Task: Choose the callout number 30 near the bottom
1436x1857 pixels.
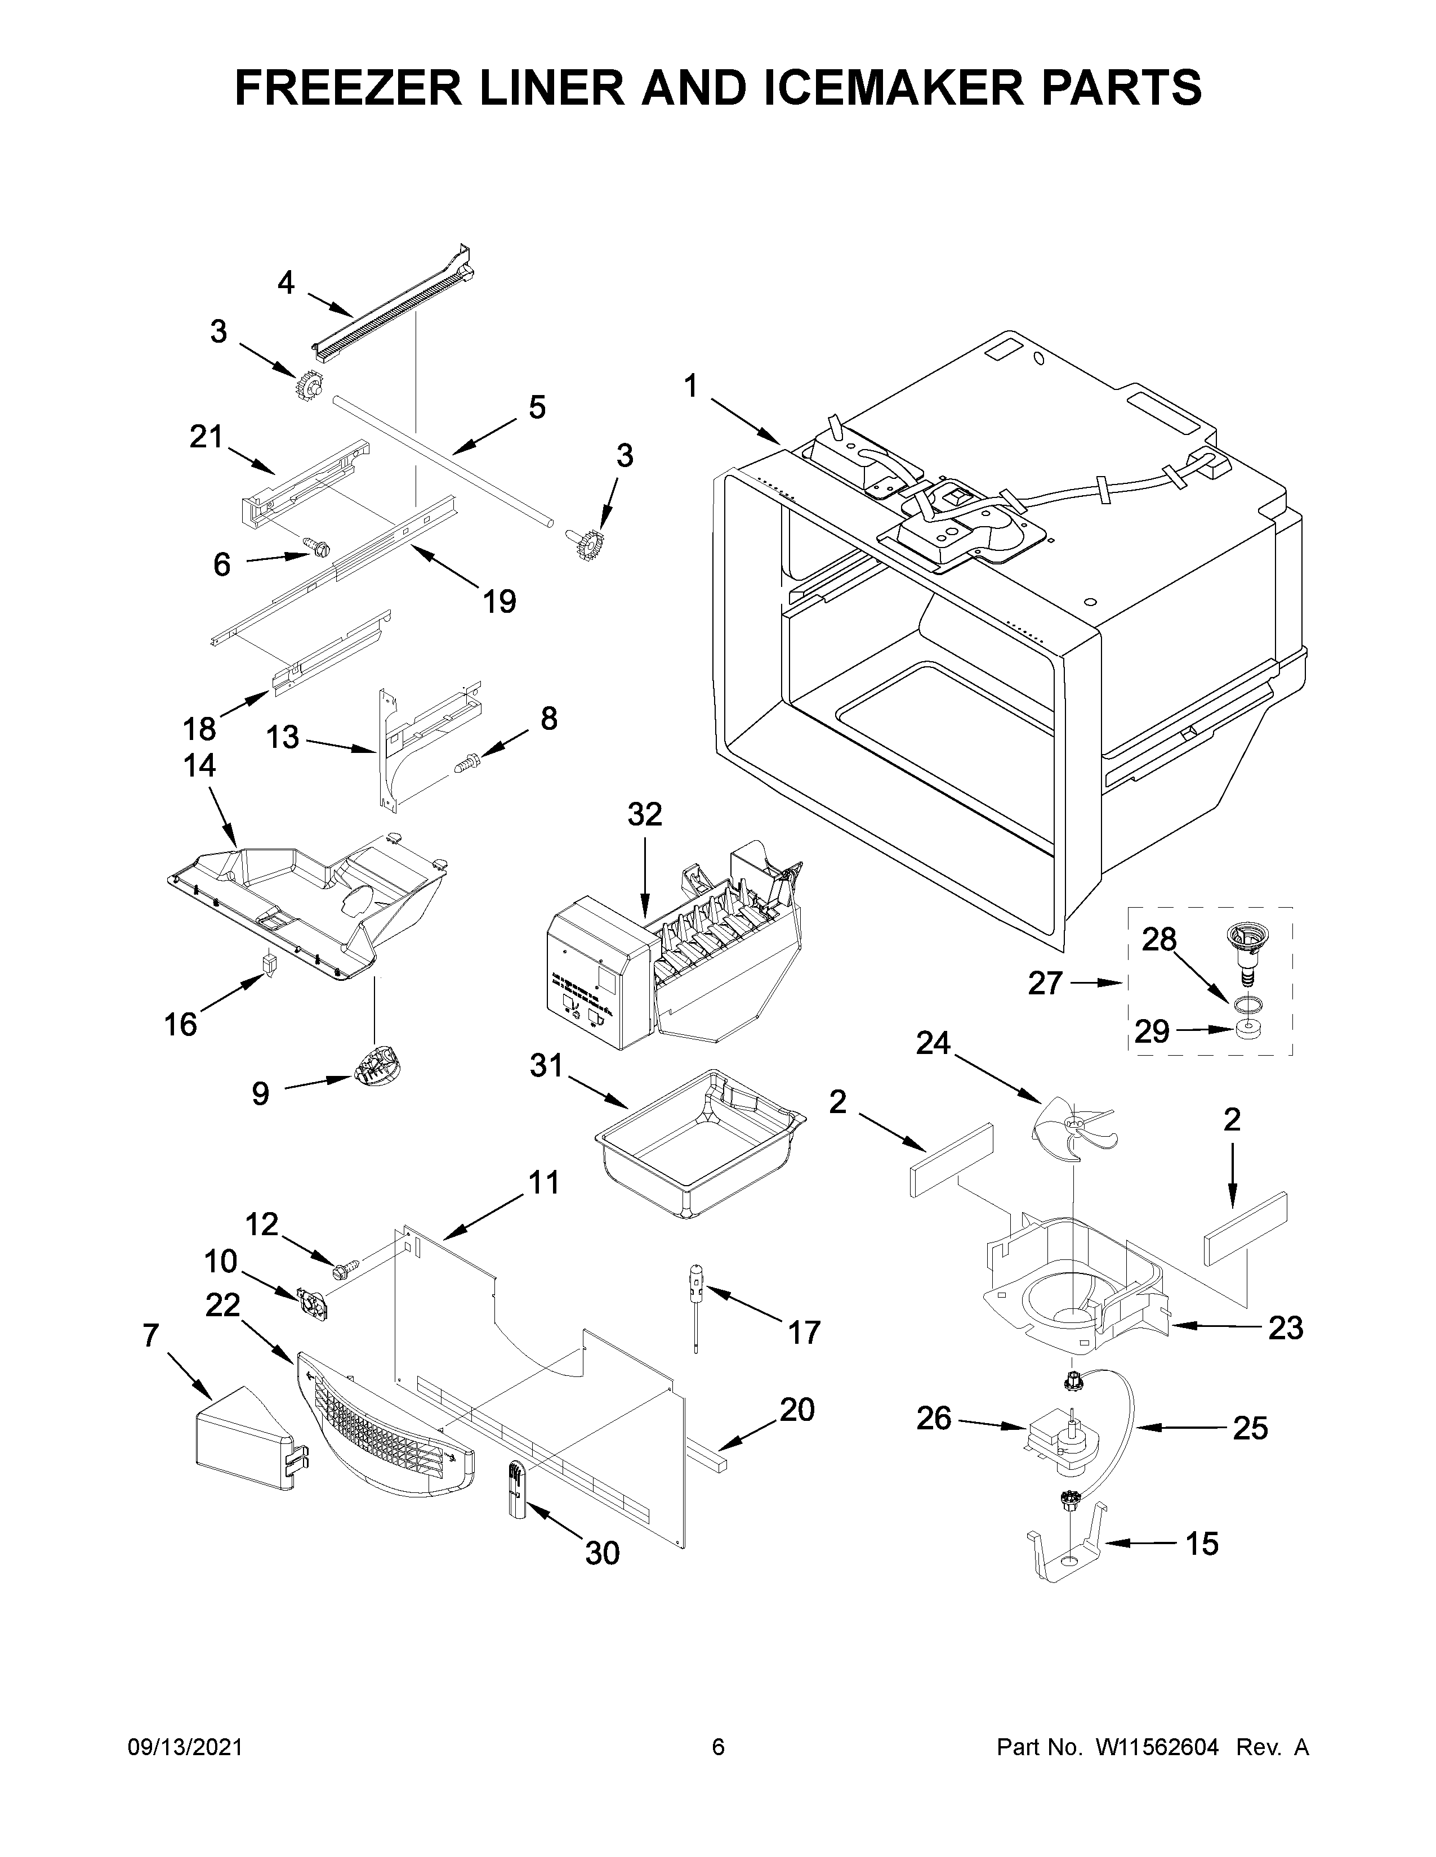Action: (603, 1554)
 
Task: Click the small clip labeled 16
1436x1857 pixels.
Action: (270, 966)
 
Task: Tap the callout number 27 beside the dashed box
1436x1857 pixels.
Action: (1045, 984)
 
